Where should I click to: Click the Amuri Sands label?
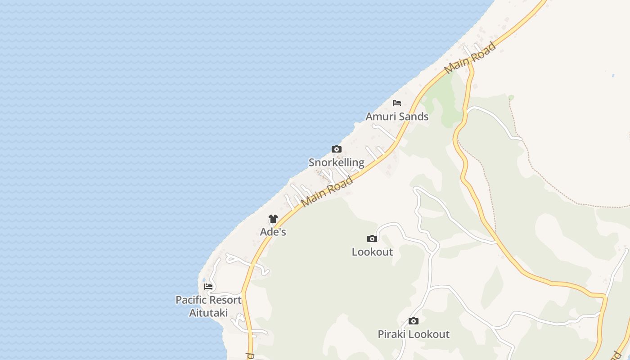click(397, 117)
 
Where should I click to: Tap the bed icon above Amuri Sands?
click(397, 103)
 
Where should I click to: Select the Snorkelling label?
click(336, 162)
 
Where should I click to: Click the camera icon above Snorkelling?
click(336, 149)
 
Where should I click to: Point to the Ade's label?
click(273, 232)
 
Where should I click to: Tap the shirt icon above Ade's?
click(273, 219)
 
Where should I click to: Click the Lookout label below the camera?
click(372, 252)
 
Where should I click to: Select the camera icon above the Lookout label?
click(372, 238)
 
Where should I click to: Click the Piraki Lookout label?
click(414, 334)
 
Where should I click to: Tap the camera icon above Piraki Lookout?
click(414, 321)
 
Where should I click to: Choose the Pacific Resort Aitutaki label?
click(208, 306)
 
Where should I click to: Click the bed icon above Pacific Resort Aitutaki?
click(208, 286)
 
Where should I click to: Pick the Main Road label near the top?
click(470, 58)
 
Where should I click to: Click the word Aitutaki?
click(208, 313)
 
